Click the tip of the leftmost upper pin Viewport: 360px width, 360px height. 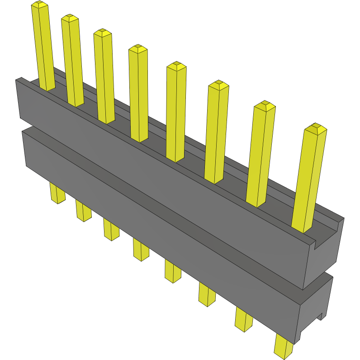(39, 5)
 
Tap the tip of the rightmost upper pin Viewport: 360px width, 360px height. (315, 128)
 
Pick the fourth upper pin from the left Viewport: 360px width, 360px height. (139, 93)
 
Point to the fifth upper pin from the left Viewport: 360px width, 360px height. (176, 111)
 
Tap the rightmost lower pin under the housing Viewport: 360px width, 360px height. (284, 346)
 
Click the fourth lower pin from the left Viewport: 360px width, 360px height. (141, 249)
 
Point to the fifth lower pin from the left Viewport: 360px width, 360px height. (172, 271)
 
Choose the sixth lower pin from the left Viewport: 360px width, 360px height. (207, 294)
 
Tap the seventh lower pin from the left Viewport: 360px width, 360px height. (244, 319)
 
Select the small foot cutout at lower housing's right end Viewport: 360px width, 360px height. (322, 315)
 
